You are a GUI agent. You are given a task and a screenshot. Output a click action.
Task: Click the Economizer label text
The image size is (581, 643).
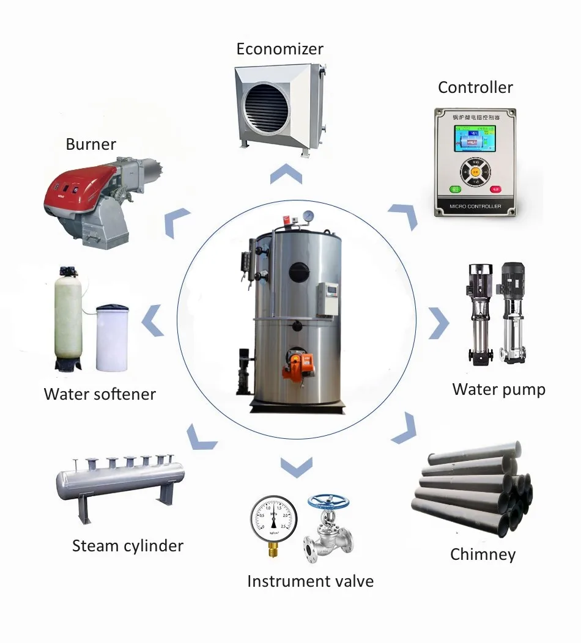click(279, 49)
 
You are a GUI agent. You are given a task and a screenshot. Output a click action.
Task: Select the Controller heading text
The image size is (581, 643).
click(475, 87)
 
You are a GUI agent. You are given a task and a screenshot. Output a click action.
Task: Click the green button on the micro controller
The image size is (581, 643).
click(455, 189)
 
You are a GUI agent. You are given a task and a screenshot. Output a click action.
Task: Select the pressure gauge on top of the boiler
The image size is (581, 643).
click(309, 216)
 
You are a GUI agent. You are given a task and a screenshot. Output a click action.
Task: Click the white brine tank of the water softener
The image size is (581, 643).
click(112, 336)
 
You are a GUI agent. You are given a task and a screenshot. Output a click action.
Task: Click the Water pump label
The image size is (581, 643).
click(498, 389)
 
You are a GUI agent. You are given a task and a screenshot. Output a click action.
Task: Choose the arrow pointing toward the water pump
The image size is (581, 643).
click(438, 323)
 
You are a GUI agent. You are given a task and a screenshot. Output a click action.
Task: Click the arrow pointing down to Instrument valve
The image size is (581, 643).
click(296, 467)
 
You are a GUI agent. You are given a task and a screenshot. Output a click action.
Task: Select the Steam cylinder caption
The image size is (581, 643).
click(127, 545)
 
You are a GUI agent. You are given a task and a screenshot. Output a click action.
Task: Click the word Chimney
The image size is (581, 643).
click(483, 554)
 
